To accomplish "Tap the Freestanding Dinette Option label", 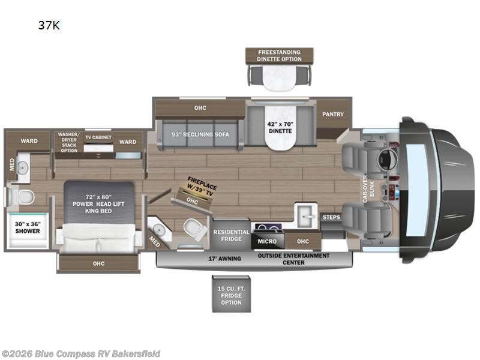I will (279, 55).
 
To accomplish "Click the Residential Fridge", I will (227, 235).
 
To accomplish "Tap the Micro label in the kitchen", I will (267, 241).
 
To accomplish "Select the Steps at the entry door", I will (331, 217).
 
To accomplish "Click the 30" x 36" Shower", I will (28, 227).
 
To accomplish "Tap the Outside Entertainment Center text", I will (293, 259).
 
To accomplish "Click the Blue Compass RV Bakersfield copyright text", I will (81, 353).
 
